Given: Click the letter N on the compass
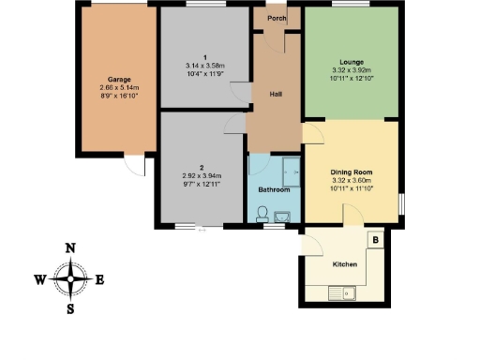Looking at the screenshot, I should pyautogui.click(x=69, y=248).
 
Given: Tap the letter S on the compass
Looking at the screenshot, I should pyautogui.click(x=69, y=307).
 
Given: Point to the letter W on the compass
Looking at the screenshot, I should pyautogui.click(x=39, y=279).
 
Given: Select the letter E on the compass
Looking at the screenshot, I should pyautogui.click(x=99, y=279).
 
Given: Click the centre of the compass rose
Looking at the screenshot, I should pyautogui.click(x=69, y=278).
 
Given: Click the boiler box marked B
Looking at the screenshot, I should pyautogui.click(x=375, y=240).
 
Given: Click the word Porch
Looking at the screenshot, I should pyautogui.click(x=277, y=17).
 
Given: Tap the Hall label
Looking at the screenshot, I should pyautogui.click(x=277, y=95).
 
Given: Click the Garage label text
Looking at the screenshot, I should pyautogui.click(x=118, y=80).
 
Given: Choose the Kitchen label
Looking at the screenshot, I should pyautogui.click(x=346, y=264).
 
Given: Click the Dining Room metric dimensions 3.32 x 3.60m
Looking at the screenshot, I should pyautogui.click(x=352, y=180).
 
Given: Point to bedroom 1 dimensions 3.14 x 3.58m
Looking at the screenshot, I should pyautogui.click(x=204, y=65).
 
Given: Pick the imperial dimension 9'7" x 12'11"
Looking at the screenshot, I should pyautogui.click(x=203, y=183).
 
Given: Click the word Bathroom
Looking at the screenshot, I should pyautogui.click(x=274, y=190).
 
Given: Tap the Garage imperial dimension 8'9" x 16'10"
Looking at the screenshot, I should pyautogui.click(x=118, y=96).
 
